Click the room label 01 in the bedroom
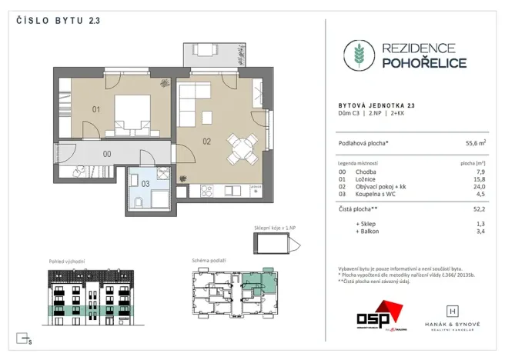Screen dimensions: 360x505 [97, 109]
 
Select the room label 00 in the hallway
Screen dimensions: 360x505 [107, 153]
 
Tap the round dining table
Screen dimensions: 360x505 [240, 146]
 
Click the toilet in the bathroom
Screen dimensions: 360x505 [135, 201]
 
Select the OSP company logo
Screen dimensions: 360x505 [377, 315]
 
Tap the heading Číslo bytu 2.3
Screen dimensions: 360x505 [58, 21]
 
